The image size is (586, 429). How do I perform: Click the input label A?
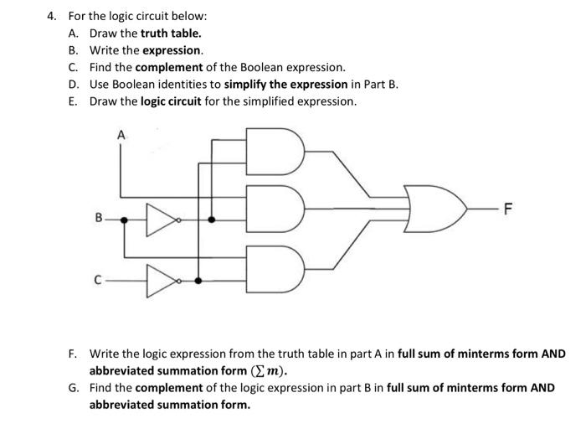pos(121,134)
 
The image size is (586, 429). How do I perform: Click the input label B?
pos(98,220)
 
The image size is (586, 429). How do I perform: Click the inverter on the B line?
pos(158,220)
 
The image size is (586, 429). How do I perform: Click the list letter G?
pos(75,388)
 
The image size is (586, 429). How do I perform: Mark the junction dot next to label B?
pos(125,220)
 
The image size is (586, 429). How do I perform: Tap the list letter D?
pos(75,84)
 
